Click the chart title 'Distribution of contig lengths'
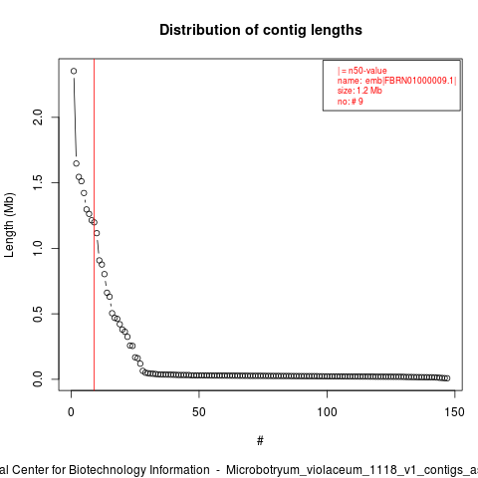click(261, 30)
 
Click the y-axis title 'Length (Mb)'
click(9, 225)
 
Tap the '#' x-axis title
click(260, 441)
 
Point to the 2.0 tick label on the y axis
click(38, 118)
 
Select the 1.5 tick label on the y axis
click(38, 182)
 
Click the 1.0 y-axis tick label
click(38, 248)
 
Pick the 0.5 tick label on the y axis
click(38, 314)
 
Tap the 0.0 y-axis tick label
click(38, 379)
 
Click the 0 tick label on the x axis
click(71, 412)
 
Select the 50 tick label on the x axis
click(199, 412)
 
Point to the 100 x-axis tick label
click(327, 412)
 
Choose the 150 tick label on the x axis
click(454, 412)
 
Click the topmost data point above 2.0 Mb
click(74, 71)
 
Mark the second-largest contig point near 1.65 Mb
click(77, 163)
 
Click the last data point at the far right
click(447, 378)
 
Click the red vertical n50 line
click(95, 225)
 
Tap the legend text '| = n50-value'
click(362, 71)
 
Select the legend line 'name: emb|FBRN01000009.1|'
click(397, 81)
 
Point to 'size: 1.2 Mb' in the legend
click(359, 91)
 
